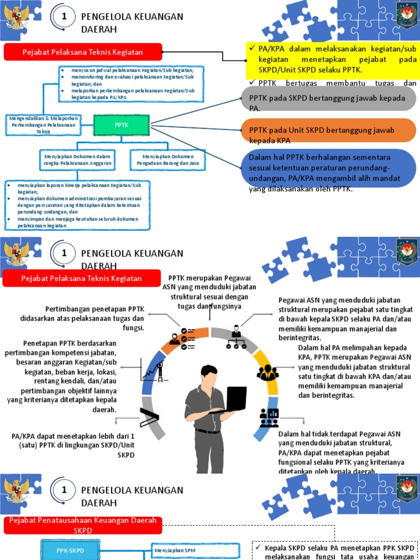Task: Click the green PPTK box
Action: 121,125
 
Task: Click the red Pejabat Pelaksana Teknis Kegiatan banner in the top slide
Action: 83,52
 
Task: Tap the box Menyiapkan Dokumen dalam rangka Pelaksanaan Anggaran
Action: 78,160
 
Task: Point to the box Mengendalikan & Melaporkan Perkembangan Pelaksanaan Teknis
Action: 43,124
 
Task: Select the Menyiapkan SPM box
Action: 195,550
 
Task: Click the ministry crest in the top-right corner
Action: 406,15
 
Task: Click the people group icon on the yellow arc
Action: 267,373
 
